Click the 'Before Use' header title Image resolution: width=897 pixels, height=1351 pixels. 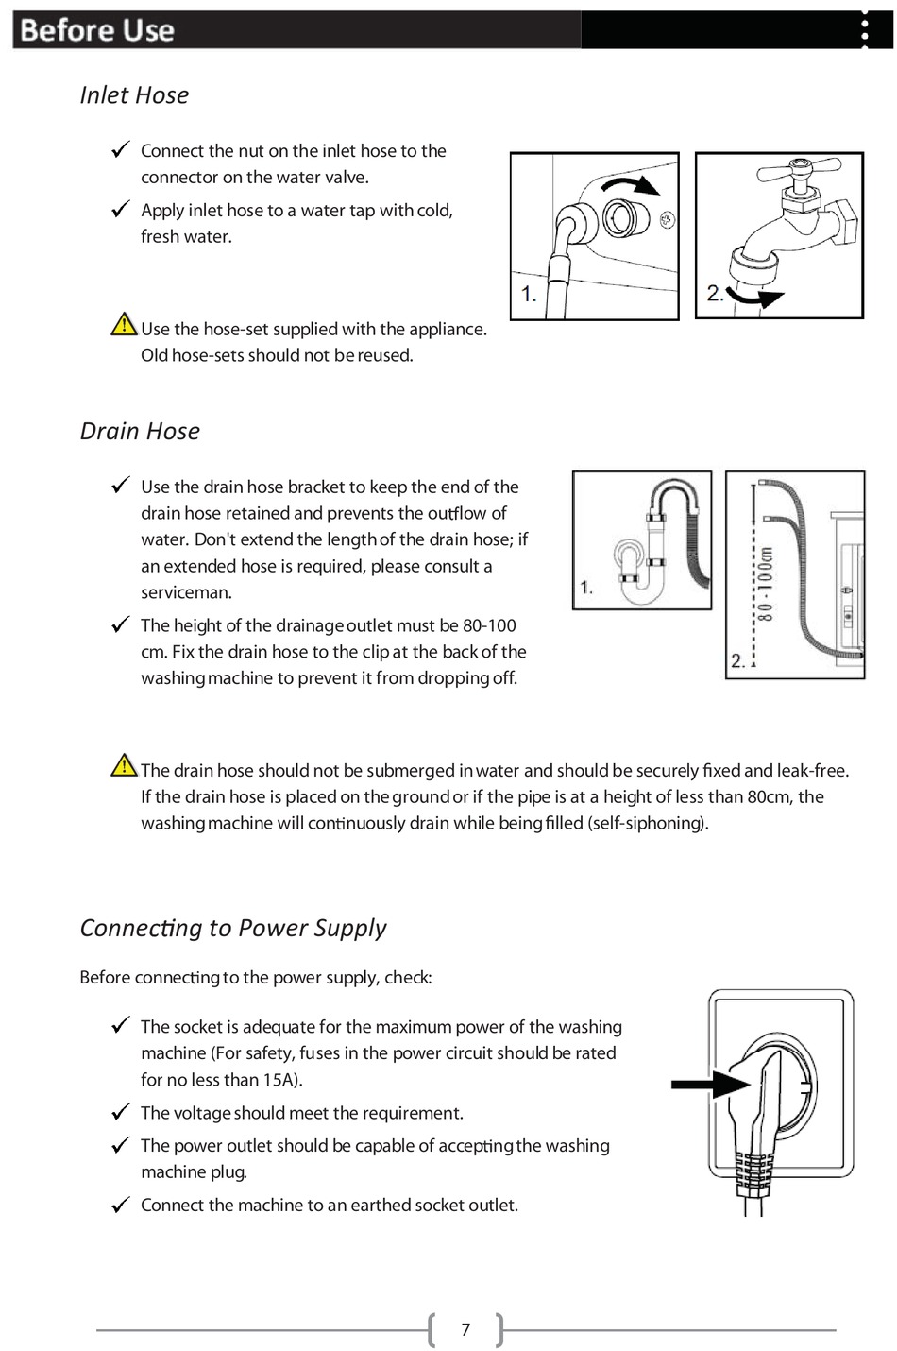(x=97, y=30)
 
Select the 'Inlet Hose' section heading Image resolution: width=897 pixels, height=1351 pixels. (x=134, y=95)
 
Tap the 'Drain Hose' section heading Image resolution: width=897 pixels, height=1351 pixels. (x=140, y=432)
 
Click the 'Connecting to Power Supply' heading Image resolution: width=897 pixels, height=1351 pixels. (x=233, y=928)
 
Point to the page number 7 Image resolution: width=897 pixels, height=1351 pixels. (x=465, y=1330)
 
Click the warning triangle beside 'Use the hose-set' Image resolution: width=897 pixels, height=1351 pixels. (x=124, y=326)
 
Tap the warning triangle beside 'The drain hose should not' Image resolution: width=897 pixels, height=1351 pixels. (x=124, y=766)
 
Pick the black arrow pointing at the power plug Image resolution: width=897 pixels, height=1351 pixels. (x=706, y=1084)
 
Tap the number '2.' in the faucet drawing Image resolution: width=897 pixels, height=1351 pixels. (x=716, y=294)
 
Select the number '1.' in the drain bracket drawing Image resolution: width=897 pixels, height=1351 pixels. (x=586, y=588)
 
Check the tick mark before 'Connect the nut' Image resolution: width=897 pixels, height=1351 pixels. (x=120, y=150)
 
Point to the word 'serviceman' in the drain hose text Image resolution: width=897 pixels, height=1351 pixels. (x=186, y=593)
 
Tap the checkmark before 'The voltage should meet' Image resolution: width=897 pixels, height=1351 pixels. (x=120, y=1113)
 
